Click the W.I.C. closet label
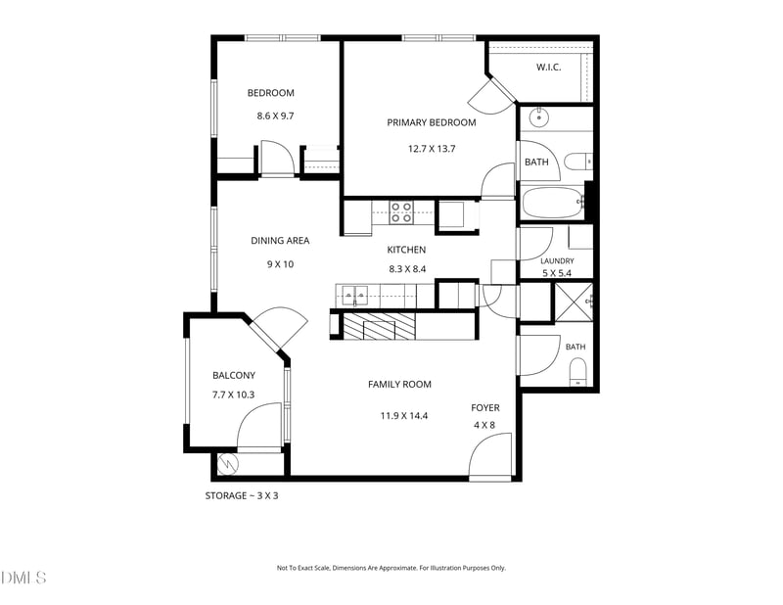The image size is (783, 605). tap(548, 67)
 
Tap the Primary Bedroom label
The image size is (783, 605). tap(432, 122)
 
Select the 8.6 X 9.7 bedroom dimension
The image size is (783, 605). tap(275, 116)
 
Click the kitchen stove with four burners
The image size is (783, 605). tap(401, 211)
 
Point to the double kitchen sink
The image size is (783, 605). tap(354, 296)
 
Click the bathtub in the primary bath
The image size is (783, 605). tap(551, 202)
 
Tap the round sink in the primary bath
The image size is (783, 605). tap(539, 117)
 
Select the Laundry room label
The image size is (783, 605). tap(557, 260)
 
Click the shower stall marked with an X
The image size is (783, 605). tap(574, 302)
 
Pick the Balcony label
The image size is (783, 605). tap(234, 375)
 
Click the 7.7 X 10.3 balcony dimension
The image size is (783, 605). tap(233, 395)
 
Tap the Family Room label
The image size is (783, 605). tap(399, 384)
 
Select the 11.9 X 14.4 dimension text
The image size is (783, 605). tap(404, 416)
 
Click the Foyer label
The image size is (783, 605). tap(485, 407)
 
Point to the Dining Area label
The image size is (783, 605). tap(280, 240)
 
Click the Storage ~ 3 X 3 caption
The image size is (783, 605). tap(242, 496)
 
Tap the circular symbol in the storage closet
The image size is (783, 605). tap(228, 464)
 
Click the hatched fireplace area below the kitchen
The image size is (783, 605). tap(380, 326)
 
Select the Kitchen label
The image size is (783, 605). tap(406, 250)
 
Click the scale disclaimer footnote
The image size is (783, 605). tap(391, 568)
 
